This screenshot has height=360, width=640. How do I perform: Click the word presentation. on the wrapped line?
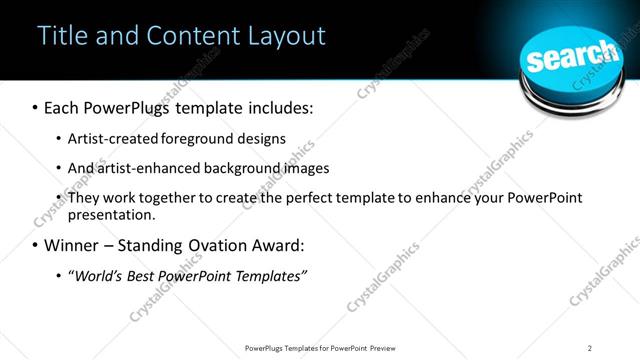coord(112,215)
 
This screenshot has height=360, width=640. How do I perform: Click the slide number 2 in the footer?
coord(590,348)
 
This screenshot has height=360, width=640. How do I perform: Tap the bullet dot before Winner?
coord(36,246)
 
